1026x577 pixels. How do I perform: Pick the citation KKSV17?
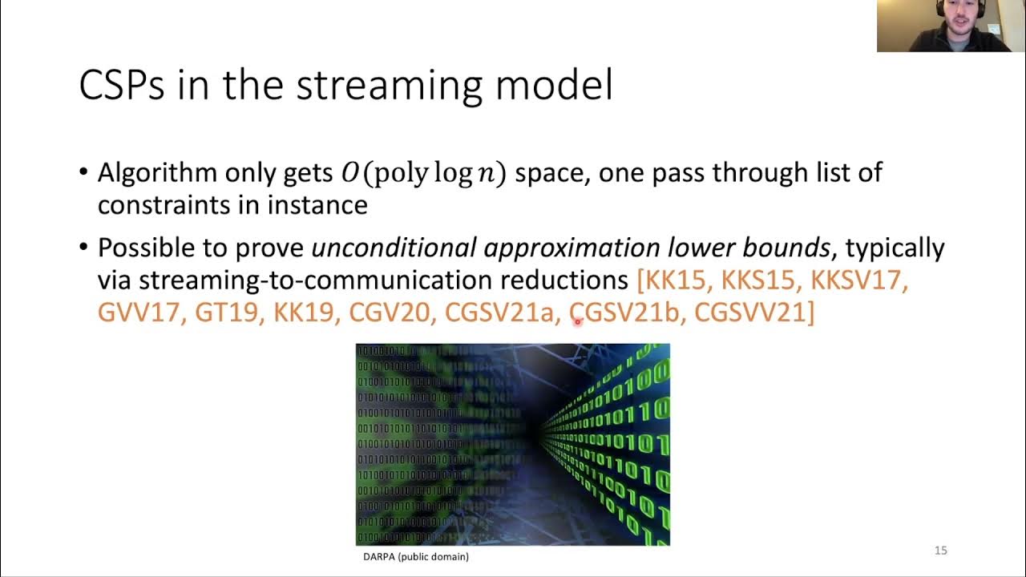[x=858, y=280]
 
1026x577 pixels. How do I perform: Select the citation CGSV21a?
[x=499, y=313]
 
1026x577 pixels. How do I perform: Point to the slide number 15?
[x=941, y=551]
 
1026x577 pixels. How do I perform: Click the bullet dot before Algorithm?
[x=85, y=173]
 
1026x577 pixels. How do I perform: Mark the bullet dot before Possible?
[x=85, y=248]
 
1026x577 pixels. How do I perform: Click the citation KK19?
[x=303, y=313]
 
